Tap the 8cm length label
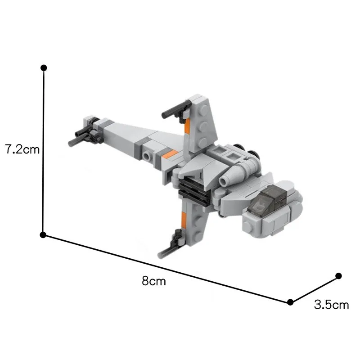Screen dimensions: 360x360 coord(153,282)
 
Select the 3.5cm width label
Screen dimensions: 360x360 coord(331,305)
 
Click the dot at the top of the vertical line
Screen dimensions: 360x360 coord(44,68)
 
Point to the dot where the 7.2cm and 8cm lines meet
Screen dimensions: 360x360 coord(43,235)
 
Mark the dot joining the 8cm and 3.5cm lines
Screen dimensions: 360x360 coord(290,302)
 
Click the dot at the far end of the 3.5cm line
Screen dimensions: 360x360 coord(339,275)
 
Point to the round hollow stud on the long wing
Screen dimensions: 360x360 coord(148,156)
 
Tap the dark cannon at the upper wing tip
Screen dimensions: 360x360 coord(173,109)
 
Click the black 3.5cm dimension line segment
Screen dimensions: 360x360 coord(315,288)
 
